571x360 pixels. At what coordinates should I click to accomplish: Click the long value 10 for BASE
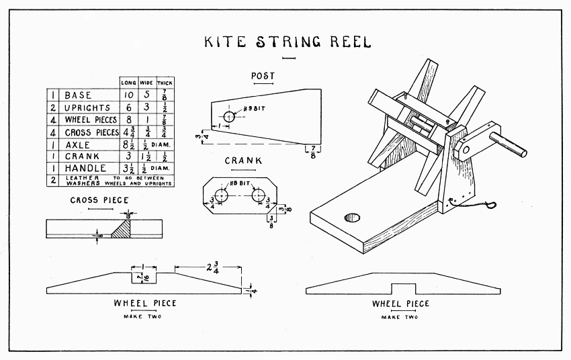pos(128,95)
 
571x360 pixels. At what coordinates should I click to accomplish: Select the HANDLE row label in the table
pos(83,168)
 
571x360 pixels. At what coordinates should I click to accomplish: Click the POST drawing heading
pos(262,75)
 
